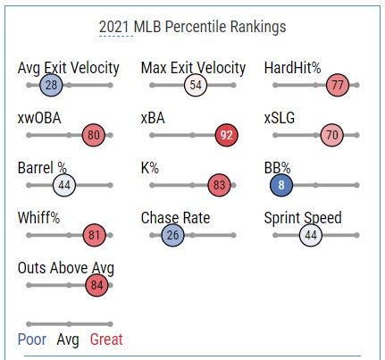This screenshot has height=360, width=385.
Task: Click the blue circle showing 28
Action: tap(51, 85)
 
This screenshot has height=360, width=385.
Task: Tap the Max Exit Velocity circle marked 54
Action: tap(196, 85)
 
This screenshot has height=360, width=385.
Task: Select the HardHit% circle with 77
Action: tap(338, 85)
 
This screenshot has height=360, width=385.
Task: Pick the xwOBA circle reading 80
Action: tap(94, 135)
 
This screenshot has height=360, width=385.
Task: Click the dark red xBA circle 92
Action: tap(227, 135)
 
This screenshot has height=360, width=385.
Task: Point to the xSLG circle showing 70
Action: tap(332, 135)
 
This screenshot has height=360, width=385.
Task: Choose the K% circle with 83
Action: tap(219, 185)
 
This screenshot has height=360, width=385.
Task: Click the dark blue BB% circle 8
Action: tap(281, 185)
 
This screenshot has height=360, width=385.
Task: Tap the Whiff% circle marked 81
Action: tap(94, 235)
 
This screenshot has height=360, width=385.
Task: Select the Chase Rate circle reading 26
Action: tap(172, 235)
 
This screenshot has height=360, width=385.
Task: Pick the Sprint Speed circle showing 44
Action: tap(311, 235)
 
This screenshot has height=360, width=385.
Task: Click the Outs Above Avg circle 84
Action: tap(96, 285)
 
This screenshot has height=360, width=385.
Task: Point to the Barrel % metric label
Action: tap(42, 168)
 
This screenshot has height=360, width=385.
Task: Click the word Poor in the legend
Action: tap(32, 339)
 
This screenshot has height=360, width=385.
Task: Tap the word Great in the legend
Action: tap(106, 339)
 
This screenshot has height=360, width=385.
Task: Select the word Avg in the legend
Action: tap(68, 339)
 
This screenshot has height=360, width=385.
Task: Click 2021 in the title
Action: tap(114, 27)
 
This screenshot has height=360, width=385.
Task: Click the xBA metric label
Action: tap(153, 118)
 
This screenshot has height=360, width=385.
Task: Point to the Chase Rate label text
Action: tap(175, 218)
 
